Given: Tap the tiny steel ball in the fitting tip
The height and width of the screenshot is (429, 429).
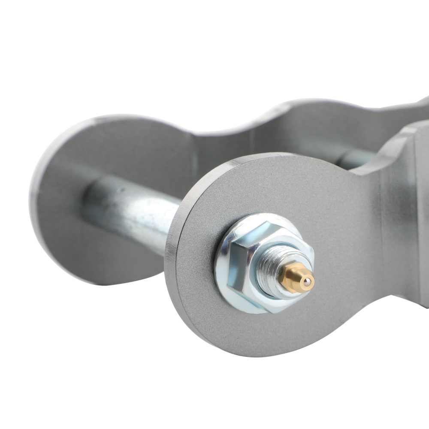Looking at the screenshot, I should click(308, 282).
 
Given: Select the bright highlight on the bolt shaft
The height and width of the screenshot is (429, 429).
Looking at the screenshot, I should click(129, 202).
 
